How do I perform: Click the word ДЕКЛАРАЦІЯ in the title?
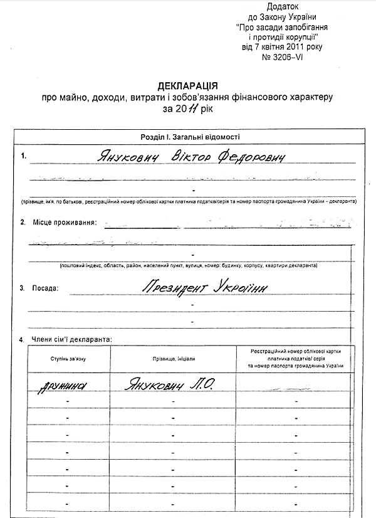[187, 86]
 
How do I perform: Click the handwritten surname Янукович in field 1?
[127, 155]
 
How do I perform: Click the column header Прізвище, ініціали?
[173, 357]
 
